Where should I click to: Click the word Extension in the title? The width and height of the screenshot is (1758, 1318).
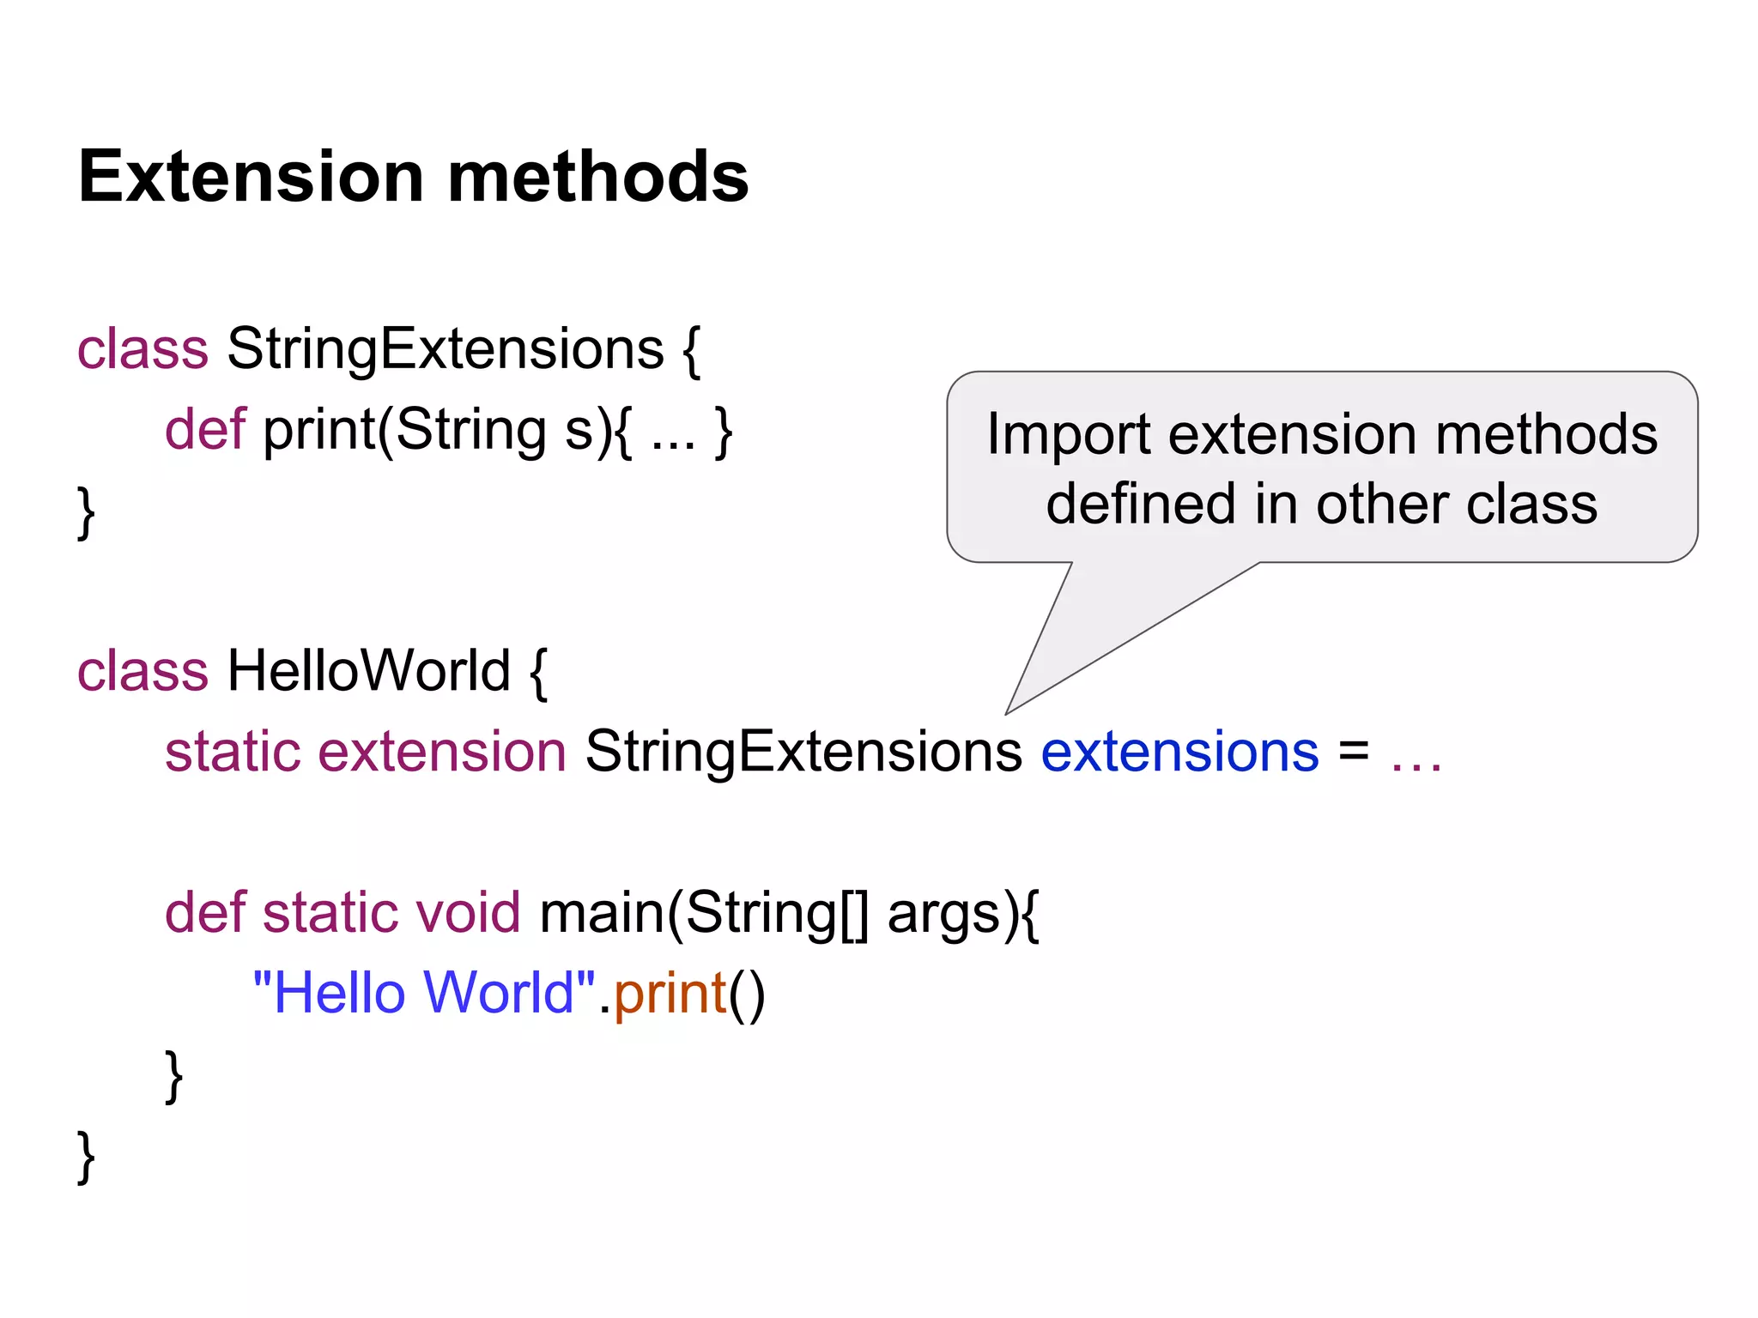click(251, 177)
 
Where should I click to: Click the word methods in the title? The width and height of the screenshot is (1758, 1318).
click(598, 177)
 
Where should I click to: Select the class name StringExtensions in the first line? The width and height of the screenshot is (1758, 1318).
click(445, 349)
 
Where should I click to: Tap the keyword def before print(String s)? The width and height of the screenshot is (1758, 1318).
click(204, 429)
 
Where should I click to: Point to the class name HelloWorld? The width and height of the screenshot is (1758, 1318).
click(368, 670)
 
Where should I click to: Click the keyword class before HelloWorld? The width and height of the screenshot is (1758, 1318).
click(142, 670)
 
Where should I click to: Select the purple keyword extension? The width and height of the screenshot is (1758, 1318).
click(441, 752)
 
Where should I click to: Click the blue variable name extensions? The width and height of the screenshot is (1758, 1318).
click(1179, 752)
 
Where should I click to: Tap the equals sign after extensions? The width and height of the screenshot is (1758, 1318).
click(1354, 752)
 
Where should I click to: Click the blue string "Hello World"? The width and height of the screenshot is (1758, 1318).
click(424, 993)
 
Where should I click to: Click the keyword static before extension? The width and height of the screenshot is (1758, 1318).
click(232, 752)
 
